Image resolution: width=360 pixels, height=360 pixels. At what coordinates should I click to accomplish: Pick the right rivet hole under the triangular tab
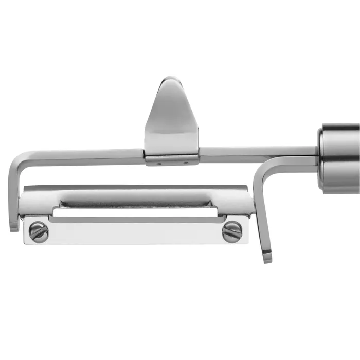click(x=186, y=164)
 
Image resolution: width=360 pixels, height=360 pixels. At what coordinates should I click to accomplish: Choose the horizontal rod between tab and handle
click(x=257, y=152)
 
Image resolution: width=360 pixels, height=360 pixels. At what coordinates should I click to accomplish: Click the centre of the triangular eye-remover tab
click(x=171, y=118)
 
